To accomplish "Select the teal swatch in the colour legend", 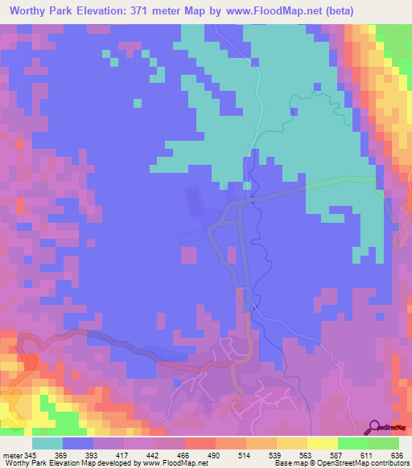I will point(47,443).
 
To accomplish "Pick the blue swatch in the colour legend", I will point(78,443).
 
